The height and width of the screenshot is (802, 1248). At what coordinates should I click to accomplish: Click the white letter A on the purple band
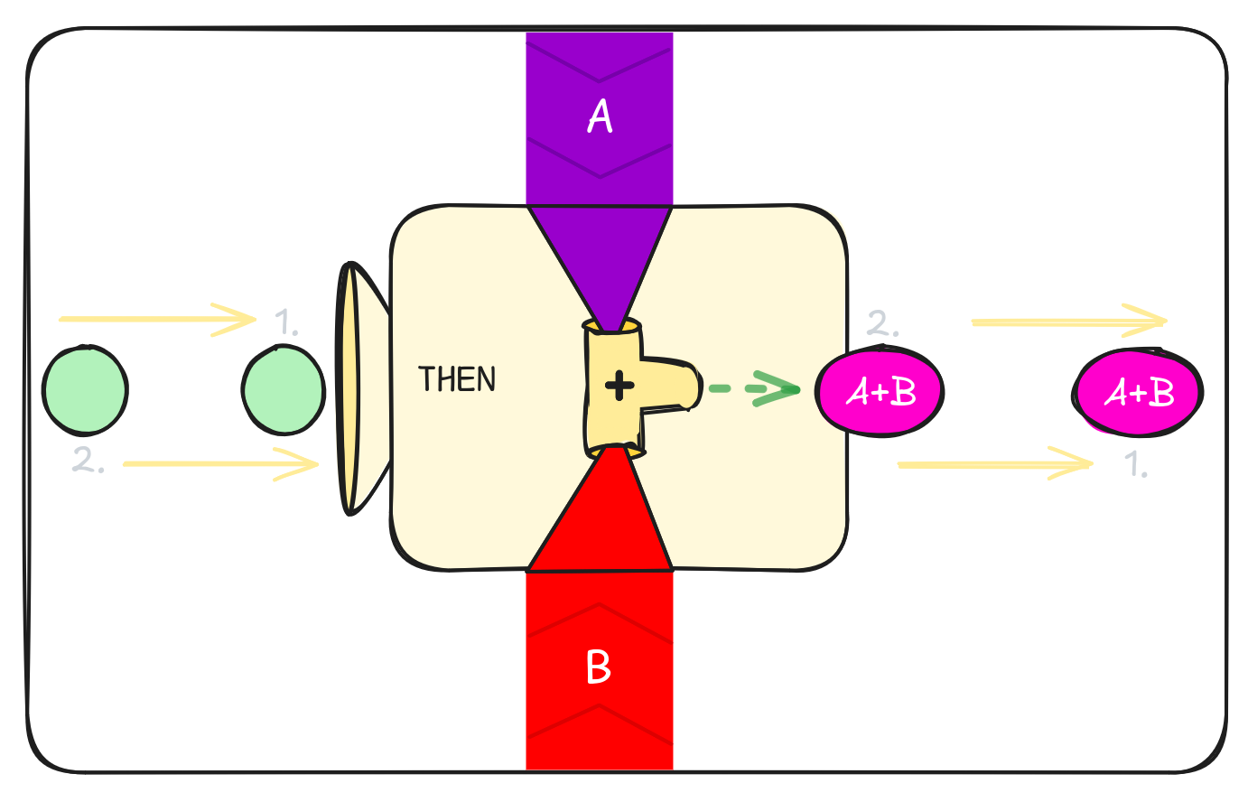pos(600,117)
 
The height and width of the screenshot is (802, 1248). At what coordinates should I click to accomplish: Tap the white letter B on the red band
pos(599,667)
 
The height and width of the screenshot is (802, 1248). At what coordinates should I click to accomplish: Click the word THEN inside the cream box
pos(457,379)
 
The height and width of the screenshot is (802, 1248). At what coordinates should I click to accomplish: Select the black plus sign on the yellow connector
pos(619,387)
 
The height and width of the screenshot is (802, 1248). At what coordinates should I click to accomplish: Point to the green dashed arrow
pos(753,389)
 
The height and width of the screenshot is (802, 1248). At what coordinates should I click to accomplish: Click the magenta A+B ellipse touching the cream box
pos(880,391)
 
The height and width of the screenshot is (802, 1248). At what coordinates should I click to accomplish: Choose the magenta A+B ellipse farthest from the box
pos(1138,393)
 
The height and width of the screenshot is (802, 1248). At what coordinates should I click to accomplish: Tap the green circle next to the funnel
pos(284,389)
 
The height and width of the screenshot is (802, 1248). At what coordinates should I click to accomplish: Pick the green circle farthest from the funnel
pos(85,389)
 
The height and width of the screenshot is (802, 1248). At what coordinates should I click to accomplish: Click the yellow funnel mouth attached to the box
pos(349,388)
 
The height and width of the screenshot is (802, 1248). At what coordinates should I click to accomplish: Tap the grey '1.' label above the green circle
pos(286,322)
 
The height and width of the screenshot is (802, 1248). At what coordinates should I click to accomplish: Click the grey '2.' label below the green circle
pos(88,461)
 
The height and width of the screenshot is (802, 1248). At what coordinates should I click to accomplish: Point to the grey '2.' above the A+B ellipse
pos(882,323)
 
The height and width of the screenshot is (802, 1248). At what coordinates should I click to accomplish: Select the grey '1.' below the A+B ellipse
pos(1136,464)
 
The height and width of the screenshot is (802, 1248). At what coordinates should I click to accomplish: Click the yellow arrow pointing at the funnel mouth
pos(220,464)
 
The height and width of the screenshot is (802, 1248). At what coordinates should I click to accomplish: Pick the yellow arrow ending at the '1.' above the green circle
pos(157,319)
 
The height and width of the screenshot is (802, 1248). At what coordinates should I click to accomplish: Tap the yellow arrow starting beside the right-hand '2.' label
pos(1067,322)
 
